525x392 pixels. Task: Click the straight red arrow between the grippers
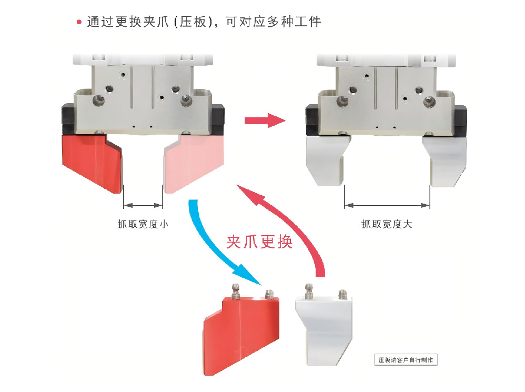(x=264, y=120)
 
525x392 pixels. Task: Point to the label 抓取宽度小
(x=143, y=224)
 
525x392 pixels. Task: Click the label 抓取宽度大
(x=387, y=224)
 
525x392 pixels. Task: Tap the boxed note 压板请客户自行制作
(x=406, y=360)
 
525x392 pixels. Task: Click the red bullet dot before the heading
(x=79, y=22)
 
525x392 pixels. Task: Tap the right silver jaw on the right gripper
(x=447, y=160)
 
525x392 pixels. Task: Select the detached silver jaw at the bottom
(x=323, y=329)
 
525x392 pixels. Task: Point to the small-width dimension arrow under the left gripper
(x=143, y=206)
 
